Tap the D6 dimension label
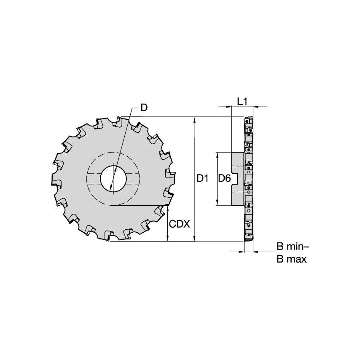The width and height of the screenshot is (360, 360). [x=224, y=179]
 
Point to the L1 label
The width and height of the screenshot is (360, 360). [x=242, y=101]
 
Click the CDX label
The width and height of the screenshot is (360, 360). [x=180, y=223]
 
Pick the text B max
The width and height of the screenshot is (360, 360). [x=291, y=259]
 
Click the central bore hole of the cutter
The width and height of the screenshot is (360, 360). [x=113, y=179]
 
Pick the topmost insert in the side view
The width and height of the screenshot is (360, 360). [x=248, y=121]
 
